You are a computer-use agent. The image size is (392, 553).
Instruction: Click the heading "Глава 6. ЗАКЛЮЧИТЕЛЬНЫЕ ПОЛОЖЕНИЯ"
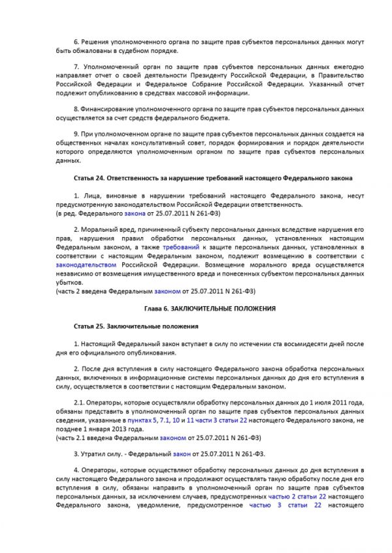[x=209, y=308]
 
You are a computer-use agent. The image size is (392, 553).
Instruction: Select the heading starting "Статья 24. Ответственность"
[x=213, y=177]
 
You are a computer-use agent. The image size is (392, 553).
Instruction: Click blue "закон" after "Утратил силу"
[x=183, y=453]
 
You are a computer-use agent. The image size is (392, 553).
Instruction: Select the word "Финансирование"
[x=110, y=108]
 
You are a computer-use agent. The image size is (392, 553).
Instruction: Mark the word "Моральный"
[x=101, y=230]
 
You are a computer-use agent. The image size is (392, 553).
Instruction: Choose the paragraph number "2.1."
[x=79, y=403]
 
